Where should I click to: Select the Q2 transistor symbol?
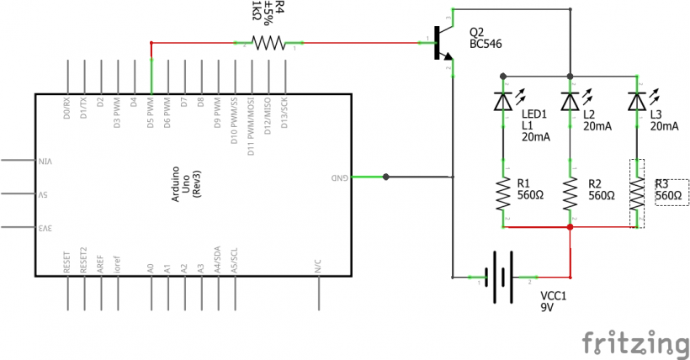click(x=440, y=43)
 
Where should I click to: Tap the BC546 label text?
click(x=486, y=43)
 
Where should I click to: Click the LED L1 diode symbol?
click(x=503, y=101)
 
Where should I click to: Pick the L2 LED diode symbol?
click(x=571, y=101)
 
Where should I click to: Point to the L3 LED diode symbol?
click(x=638, y=101)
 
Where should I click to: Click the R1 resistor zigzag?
click(x=503, y=194)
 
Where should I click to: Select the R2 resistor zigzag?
click(x=571, y=194)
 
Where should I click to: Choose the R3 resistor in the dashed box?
click(x=638, y=194)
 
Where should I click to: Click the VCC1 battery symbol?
click(x=503, y=277)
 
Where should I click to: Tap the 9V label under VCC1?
click(x=547, y=308)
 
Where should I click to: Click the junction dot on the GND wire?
click(x=385, y=177)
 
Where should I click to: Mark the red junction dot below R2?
click(x=571, y=227)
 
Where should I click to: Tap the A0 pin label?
click(x=151, y=268)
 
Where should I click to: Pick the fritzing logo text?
click(x=634, y=343)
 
